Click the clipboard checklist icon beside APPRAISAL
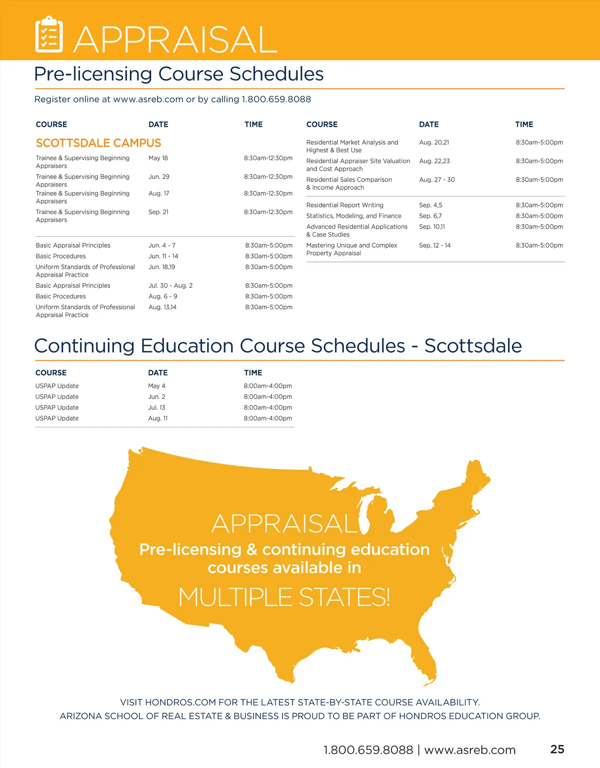[49, 35]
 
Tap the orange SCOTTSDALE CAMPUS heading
[98, 143]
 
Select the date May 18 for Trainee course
[158, 158]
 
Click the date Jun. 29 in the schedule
[159, 177]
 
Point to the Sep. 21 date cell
[158, 212]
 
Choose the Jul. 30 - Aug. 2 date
[170, 286]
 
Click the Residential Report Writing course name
[344, 205]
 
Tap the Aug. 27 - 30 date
[437, 180]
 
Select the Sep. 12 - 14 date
[435, 245]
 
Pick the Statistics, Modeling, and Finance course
[353, 216]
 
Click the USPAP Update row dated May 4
[57, 386]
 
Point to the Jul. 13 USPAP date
[156, 408]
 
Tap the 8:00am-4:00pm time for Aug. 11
[268, 418]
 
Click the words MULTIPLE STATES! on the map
[284, 597]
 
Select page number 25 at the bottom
[557, 749]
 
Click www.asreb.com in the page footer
[469, 750]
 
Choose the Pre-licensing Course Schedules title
[179, 74]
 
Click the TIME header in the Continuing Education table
[253, 373]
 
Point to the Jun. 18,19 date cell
[162, 267]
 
